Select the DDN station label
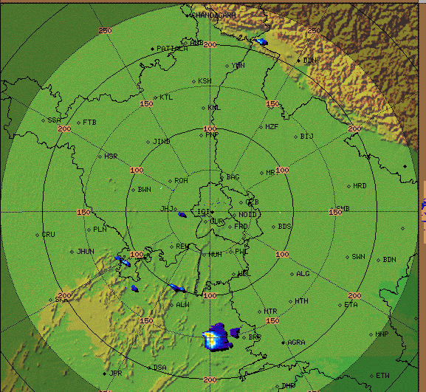(x=310, y=61)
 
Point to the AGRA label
(x=296, y=343)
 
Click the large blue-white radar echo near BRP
(x=216, y=337)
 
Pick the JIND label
(x=162, y=141)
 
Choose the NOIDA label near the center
(x=248, y=215)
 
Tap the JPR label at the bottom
(x=115, y=374)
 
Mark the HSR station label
(x=111, y=157)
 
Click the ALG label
(x=303, y=274)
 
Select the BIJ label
(x=307, y=137)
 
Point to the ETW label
(x=382, y=376)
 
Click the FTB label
(x=89, y=122)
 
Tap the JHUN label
(x=86, y=252)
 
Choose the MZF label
(x=272, y=127)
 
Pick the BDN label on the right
(x=389, y=260)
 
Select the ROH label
(x=181, y=181)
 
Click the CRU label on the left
(x=49, y=235)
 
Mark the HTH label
(x=301, y=301)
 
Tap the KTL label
(x=167, y=97)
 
